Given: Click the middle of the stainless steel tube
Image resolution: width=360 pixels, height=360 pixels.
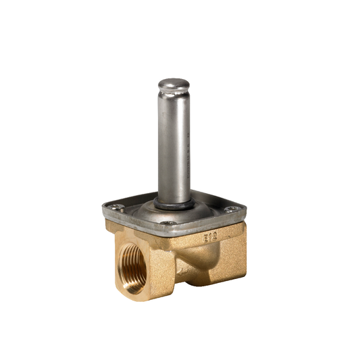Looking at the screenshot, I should pyautogui.click(x=174, y=142).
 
